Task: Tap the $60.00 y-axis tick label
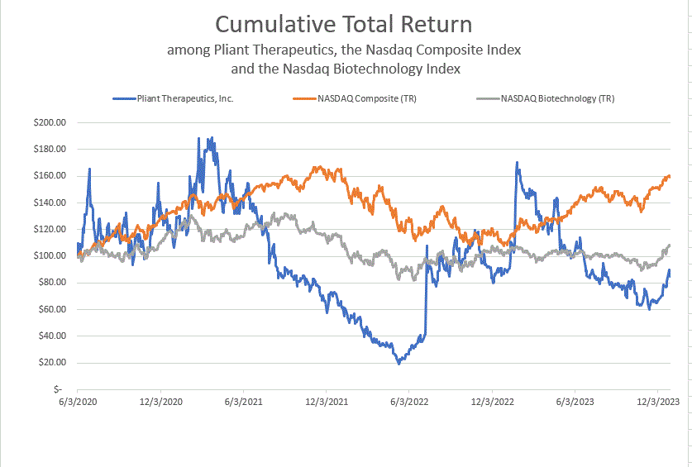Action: (50, 309)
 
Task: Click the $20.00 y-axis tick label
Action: (50, 362)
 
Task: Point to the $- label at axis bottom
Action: (56, 388)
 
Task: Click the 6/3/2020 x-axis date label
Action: (78, 402)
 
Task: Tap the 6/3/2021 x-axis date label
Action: (243, 402)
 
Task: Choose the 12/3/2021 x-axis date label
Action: (327, 402)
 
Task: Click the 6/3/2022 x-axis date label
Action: (409, 402)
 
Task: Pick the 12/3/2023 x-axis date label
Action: (658, 402)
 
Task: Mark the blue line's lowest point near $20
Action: (398, 362)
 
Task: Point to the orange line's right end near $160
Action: (669, 176)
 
